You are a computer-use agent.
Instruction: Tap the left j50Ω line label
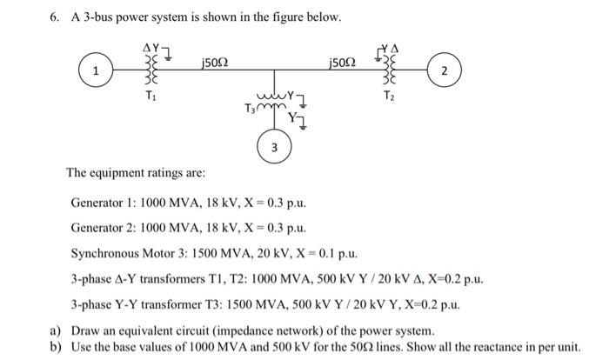pos(215,62)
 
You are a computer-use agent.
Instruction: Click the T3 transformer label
pos(251,108)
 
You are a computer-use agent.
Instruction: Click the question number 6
pos(51,18)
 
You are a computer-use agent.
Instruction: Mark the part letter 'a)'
pos(53,331)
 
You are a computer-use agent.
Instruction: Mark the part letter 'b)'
pos(53,347)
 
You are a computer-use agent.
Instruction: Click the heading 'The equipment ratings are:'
pos(136,173)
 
